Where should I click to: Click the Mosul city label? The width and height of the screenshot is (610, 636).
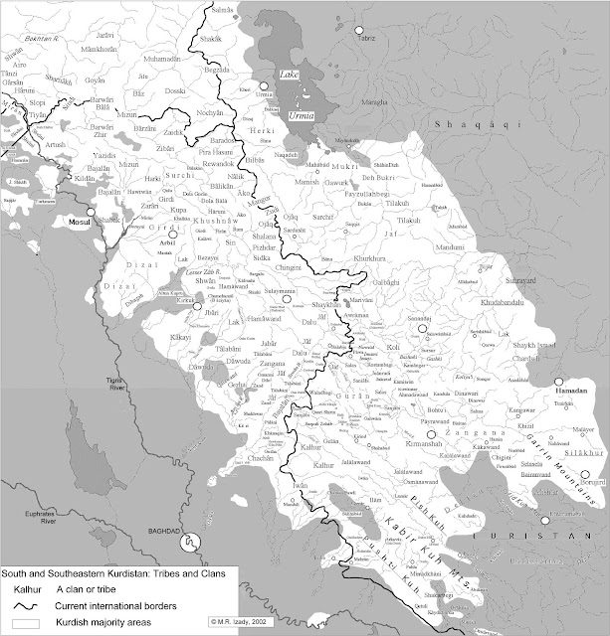[x=76, y=223]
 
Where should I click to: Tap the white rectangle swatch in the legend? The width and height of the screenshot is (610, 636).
[x=20, y=621]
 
